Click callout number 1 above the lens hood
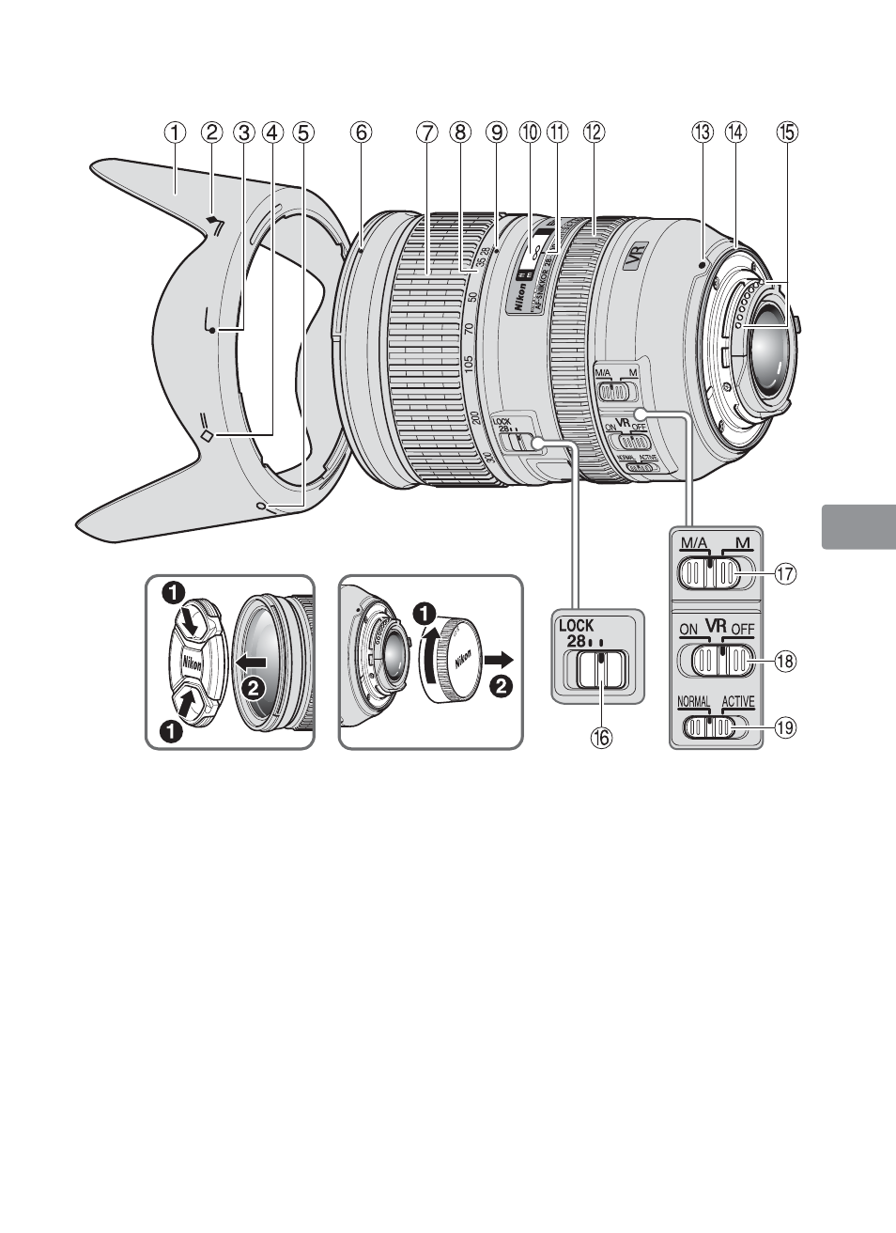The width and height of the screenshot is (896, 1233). [174, 133]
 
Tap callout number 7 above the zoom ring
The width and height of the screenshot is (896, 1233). [427, 133]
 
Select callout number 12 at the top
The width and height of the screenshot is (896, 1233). [593, 133]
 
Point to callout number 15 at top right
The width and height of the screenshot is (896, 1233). [787, 133]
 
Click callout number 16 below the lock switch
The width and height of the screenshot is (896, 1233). [600, 738]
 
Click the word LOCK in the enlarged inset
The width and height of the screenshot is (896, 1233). [583, 625]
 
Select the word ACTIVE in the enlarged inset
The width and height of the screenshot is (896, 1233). [738, 701]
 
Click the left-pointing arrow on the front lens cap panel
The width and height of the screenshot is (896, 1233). [252, 662]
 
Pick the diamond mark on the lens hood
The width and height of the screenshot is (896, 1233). [208, 435]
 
